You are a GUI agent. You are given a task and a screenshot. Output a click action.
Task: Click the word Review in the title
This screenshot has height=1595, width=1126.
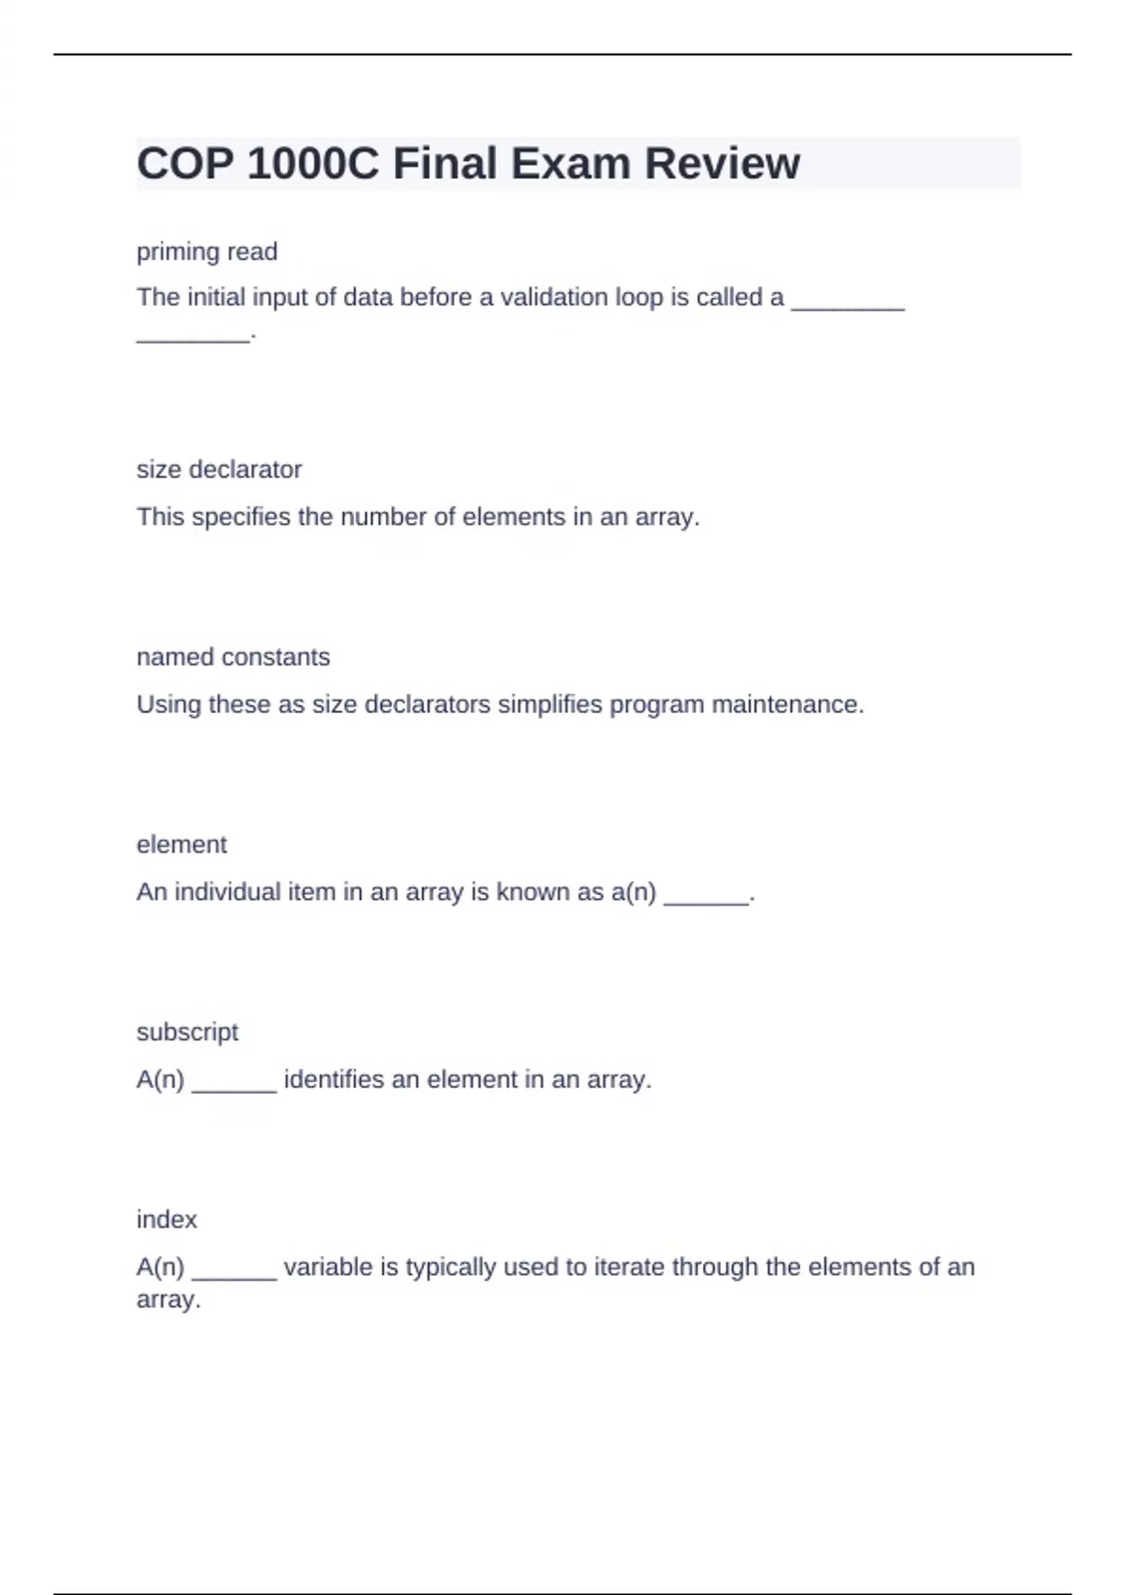coord(722,164)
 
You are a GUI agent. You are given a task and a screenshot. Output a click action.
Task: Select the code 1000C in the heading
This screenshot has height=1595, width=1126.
coord(313,164)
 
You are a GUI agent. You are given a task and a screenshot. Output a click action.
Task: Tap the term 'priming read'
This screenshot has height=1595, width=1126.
coord(206,251)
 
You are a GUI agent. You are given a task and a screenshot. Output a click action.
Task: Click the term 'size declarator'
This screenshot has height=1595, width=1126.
coord(219,469)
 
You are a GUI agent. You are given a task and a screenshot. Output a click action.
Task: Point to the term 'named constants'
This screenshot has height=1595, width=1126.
coord(233,657)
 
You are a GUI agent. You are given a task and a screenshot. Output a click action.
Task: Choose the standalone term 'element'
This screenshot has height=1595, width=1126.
coord(181,844)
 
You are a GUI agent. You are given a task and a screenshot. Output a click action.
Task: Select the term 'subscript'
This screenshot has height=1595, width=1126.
coord(187,1032)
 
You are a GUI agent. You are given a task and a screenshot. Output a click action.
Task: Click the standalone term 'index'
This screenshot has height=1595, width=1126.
coord(166,1220)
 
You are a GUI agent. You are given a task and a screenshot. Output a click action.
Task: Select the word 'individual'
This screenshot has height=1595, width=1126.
coord(228,892)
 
